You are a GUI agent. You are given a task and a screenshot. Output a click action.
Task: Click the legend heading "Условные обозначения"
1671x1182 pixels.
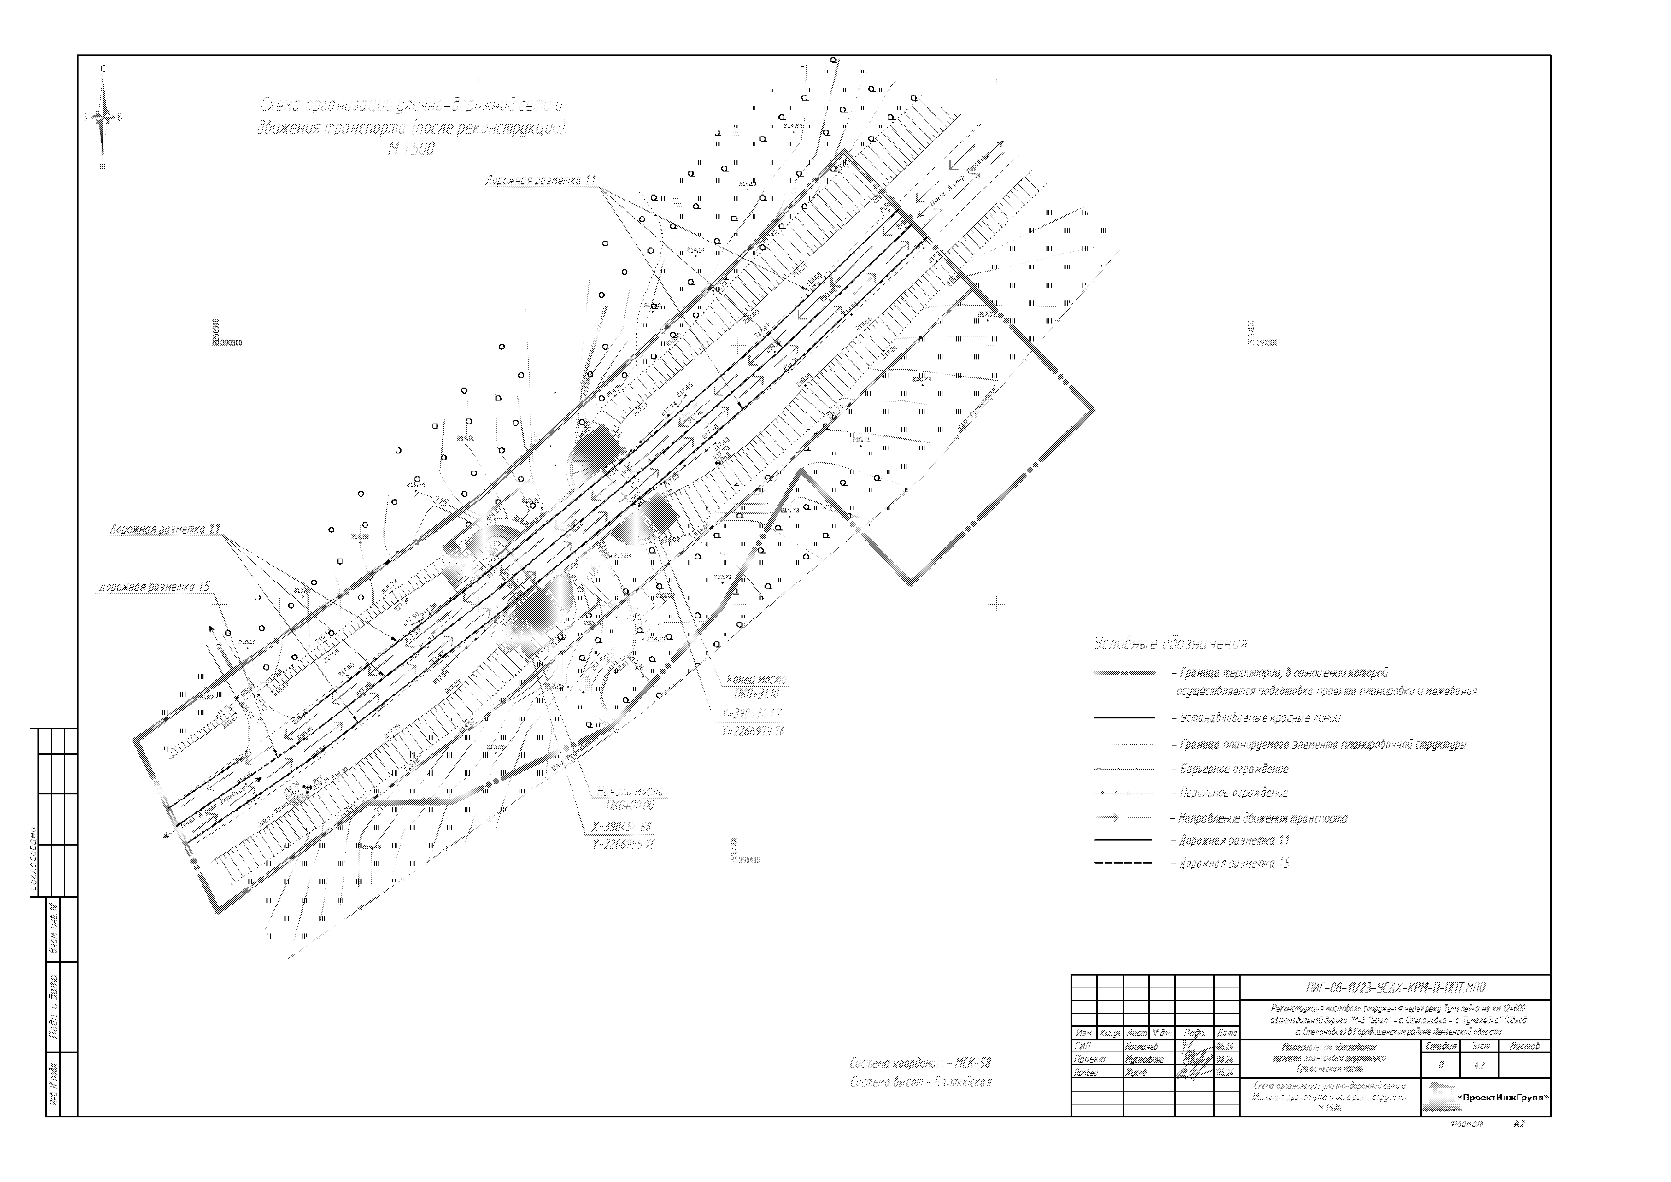pyautogui.click(x=1170, y=643)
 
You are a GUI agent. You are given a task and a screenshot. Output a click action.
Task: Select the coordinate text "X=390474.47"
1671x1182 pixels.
pyautogui.click(x=752, y=714)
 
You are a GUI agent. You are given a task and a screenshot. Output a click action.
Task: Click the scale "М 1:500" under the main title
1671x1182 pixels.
pyautogui.click(x=411, y=149)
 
